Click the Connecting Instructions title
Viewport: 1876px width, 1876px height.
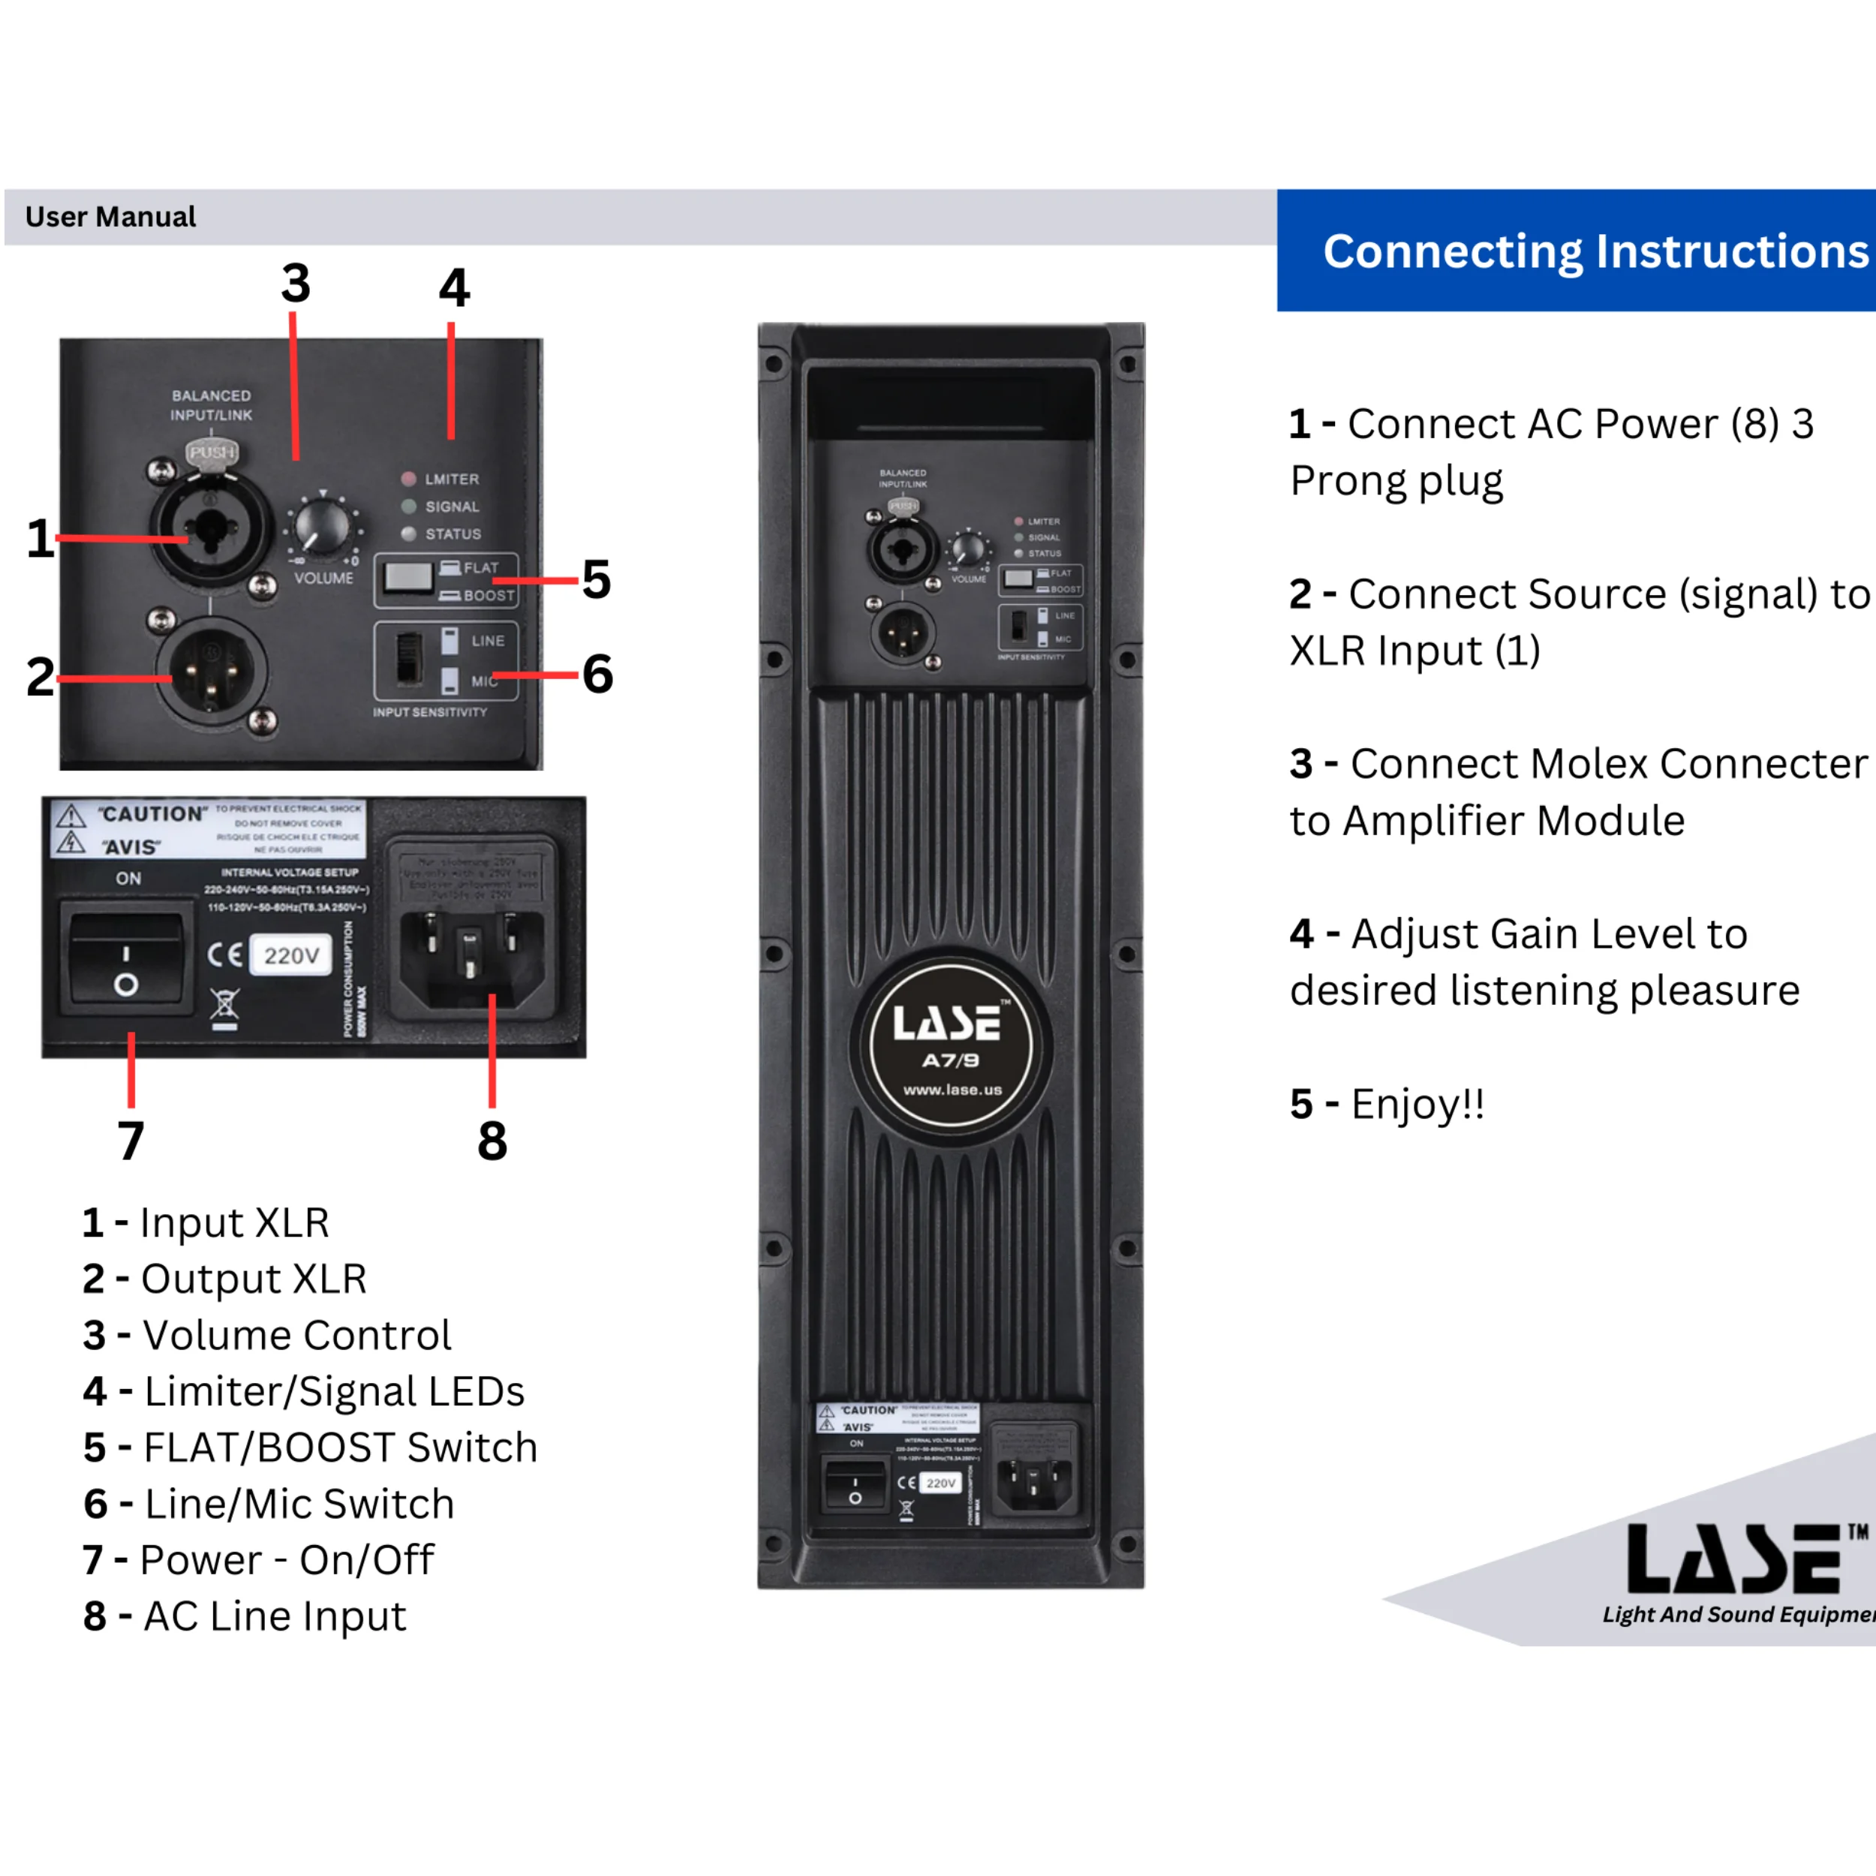point(1595,251)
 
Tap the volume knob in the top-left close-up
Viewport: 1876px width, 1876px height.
point(321,526)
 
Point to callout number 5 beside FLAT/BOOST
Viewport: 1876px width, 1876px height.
point(597,580)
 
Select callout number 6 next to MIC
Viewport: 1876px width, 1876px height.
point(597,674)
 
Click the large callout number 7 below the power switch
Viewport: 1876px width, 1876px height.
point(131,1140)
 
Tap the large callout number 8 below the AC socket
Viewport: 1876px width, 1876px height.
point(492,1140)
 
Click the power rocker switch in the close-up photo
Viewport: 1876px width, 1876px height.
point(125,958)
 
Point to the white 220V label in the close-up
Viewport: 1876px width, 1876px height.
point(291,955)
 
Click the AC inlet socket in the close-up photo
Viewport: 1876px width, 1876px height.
point(472,951)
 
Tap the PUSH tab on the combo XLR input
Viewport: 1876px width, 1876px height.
point(212,452)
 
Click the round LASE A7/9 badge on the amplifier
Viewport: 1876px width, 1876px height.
point(952,1045)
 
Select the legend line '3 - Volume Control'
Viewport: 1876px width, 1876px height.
point(267,1335)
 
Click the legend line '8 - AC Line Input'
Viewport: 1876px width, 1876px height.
point(245,1616)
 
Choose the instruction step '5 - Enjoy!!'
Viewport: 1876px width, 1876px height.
point(1387,1104)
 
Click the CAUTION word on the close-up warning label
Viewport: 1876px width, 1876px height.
point(152,813)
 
